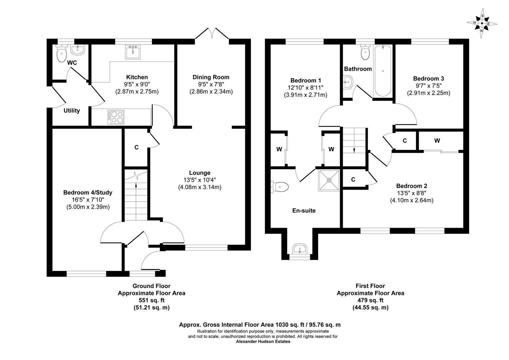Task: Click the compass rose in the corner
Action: pyautogui.click(x=482, y=23)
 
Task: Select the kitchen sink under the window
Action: pyautogui.click(x=133, y=51)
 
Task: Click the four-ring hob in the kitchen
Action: pyautogui.click(x=115, y=117)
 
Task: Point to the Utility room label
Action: pyautogui.click(x=72, y=111)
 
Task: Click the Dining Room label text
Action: pyautogui.click(x=211, y=77)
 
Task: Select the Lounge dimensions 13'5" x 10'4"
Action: pyautogui.click(x=200, y=180)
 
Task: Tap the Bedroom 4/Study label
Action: pyautogui.click(x=88, y=193)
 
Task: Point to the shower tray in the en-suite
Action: pyautogui.click(x=329, y=180)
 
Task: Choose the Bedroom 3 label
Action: pyautogui.click(x=428, y=79)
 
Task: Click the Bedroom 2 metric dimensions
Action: pyautogui.click(x=411, y=200)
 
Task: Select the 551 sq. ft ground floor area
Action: pyautogui.click(x=151, y=300)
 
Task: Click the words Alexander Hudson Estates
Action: pyautogui.click(x=263, y=341)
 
